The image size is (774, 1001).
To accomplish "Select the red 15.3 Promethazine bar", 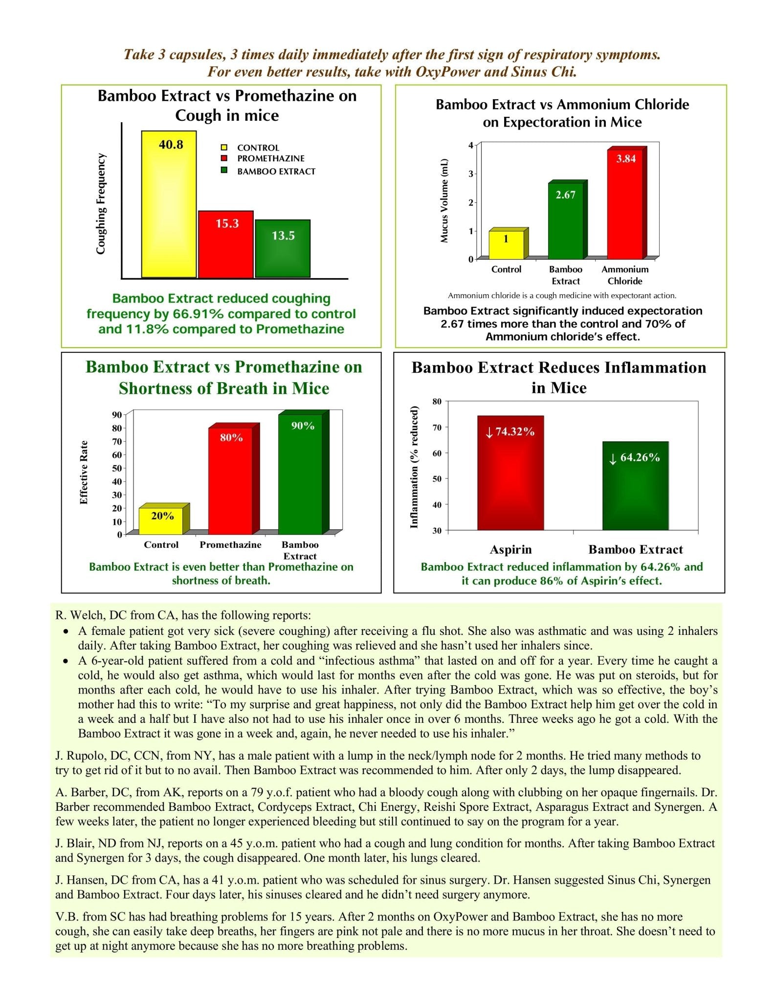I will click(225, 244).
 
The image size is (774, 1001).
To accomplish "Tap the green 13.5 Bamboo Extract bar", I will click(283, 249).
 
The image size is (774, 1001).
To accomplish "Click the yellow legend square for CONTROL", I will click(224, 148).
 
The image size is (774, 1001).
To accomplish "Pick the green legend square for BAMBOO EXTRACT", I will click(224, 171).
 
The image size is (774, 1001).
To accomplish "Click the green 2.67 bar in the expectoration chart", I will click(565, 219).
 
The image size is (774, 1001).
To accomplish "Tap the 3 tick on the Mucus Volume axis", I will click(471, 174).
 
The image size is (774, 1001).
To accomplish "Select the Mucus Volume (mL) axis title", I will click(444, 200).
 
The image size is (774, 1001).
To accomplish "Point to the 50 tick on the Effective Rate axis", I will click(117, 468).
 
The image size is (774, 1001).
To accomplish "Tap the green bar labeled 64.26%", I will click(635, 486).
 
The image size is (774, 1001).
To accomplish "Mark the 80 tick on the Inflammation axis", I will click(437, 402).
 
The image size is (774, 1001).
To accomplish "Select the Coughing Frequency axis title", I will click(101, 204).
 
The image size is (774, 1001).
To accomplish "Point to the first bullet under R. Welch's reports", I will click(66, 631).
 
